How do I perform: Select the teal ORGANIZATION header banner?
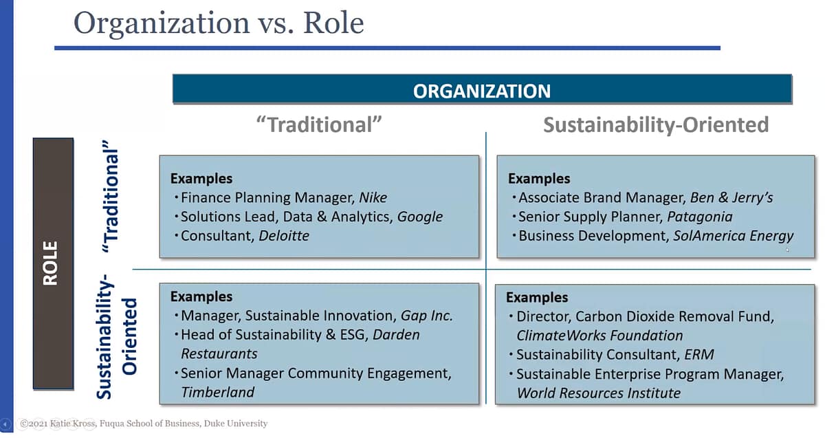pos(481,91)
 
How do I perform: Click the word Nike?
pos(373,198)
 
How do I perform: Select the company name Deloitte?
pos(284,236)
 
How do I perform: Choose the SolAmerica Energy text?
pos(732,236)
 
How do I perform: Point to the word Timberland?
pos(217,393)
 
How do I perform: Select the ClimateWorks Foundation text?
pos(599,336)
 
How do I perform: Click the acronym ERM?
pos(698,355)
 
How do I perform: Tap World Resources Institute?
pos(598,393)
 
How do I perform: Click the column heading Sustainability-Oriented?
pos(655,124)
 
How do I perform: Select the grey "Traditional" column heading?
pos(318,124)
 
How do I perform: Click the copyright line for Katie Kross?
pos(144,424)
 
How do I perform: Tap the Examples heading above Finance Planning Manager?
pos(201,179)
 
